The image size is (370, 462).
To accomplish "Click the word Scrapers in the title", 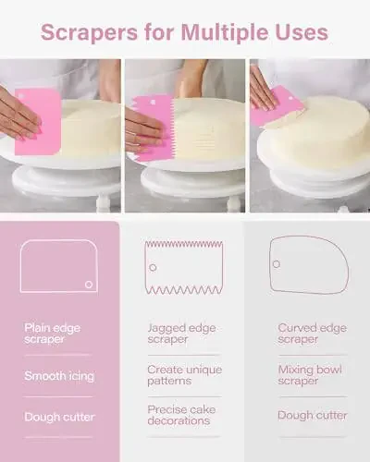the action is (x=89, y=32).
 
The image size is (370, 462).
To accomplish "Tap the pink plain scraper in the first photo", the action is (x=38, y=121).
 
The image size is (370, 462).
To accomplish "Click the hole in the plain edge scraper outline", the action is (x=89, y=285).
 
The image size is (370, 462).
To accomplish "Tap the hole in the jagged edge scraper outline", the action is (x=153, y=268).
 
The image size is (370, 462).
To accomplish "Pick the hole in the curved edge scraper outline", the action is (x=277, y=264).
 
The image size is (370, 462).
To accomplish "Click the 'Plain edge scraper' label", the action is (x=52, y=334).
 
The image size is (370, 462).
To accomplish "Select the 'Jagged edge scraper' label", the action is (x=181, y=334).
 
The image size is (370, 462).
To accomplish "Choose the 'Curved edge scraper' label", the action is (x=312, y=334).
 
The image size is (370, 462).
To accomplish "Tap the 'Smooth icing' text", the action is (x=59, y=376).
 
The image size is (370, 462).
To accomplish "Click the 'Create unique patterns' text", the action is (x=184, y=375).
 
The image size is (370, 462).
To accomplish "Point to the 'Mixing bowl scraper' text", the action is (x=310, y=375).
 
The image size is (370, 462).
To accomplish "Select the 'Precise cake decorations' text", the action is (x=181, y=415).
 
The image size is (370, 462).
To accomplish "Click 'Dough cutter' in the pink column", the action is (x=59, y=417).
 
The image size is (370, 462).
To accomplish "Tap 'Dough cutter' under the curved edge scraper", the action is (x=313, y=415).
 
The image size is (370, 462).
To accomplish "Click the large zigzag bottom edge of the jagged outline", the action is (x=184, y=290).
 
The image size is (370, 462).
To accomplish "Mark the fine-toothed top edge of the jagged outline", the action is (x=184, y=245).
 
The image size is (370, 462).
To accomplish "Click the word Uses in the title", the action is (x=302, y=32).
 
